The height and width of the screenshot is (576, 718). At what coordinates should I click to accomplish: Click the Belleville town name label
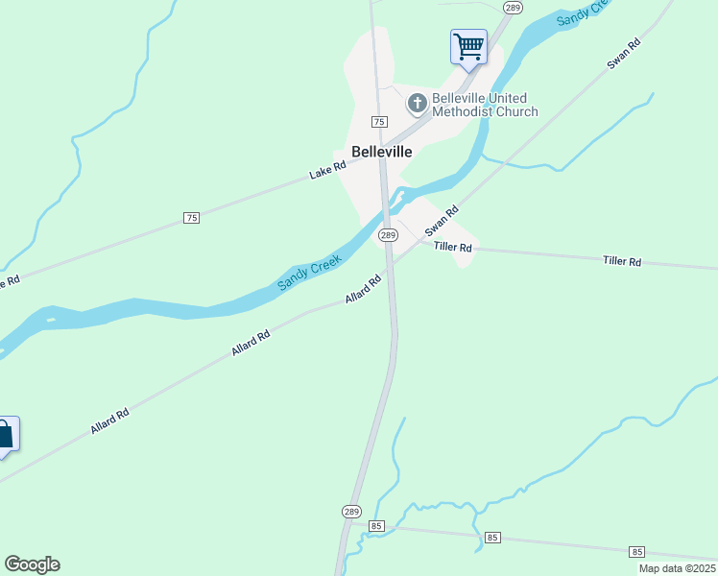tap(382, 152)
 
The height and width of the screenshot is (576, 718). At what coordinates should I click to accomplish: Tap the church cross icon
tap(418, 102)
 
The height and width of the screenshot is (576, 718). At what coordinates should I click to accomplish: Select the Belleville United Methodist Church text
tap(485, 105)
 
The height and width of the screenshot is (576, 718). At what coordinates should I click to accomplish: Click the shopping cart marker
tap(468, 46)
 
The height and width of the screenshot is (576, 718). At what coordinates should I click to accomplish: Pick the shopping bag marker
tap(5, 434)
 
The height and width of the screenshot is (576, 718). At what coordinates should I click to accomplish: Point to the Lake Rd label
tap(327, 172)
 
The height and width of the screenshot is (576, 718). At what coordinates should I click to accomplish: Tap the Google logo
tap(32, 564)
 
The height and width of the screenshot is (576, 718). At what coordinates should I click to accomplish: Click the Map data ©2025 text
tap(677, 568)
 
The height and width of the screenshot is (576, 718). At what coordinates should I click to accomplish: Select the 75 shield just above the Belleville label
tap(379, 122)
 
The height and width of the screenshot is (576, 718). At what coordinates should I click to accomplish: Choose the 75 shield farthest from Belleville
tap(192, 219)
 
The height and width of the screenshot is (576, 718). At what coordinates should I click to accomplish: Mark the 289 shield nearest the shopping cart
tap(512, 8)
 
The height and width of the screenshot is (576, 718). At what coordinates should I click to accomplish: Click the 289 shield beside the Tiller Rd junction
tap(388, 235)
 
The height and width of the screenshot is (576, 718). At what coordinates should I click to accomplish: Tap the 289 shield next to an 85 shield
tap(351, 511)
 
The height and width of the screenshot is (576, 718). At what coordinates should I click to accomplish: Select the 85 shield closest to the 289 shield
tap(376, 526)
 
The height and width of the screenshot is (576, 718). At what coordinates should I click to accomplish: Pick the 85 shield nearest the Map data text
tap(637, 551)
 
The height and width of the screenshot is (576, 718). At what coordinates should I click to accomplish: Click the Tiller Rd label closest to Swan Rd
tap(453, 248)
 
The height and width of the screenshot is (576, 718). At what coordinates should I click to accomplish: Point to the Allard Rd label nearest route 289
tap(364, 291)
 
